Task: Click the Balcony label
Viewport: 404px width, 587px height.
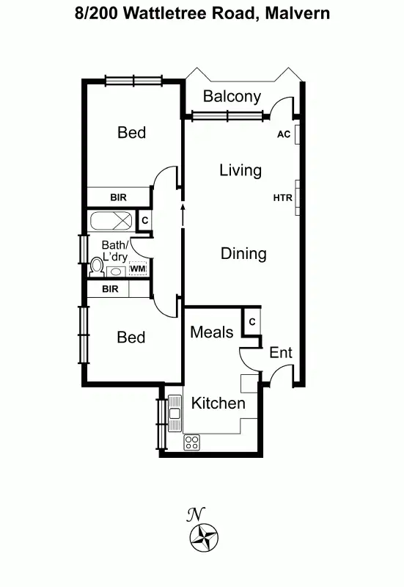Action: [x=232, y=96]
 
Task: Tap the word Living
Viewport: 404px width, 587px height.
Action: [x=240, y=170]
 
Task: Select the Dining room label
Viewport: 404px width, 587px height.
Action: [x=243, y=254]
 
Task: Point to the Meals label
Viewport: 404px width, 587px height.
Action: [x=212, y=332]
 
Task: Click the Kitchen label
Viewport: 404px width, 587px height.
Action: [x=218, y=403]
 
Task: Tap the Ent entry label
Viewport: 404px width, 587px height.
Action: [x=281, y=352]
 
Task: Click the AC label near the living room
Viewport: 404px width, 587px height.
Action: [x=284, y=134]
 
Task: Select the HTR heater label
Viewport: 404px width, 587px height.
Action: [x=282, y=197]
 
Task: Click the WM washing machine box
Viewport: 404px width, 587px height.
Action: [x=138, y=269]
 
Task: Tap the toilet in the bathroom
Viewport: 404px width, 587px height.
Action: [x=96, y=266]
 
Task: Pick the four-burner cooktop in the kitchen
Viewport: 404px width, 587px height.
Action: [x=191, y=442]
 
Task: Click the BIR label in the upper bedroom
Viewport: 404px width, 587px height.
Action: [x=119, y=197]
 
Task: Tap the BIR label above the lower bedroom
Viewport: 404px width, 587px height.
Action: [x=110, y=289]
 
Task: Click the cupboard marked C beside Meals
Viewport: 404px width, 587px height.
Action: [x=251, y=321]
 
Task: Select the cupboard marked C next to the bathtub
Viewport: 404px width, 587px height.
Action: [x=144, y=219]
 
